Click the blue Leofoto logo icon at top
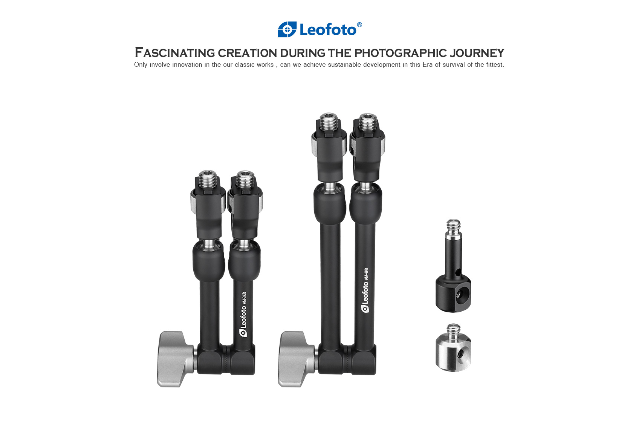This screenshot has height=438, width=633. click(x=287, y=29)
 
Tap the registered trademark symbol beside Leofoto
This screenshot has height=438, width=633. click(x=359, y=25)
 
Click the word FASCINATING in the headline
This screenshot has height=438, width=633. click(x=175, y=53)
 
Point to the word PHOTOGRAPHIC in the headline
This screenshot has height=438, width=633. click(x=401, y=53)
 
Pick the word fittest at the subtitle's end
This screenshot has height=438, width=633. click(x=495, y=65)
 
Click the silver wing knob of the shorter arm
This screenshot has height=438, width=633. click(x=175, y=359)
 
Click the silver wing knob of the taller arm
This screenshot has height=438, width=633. click(x=296, y=359)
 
